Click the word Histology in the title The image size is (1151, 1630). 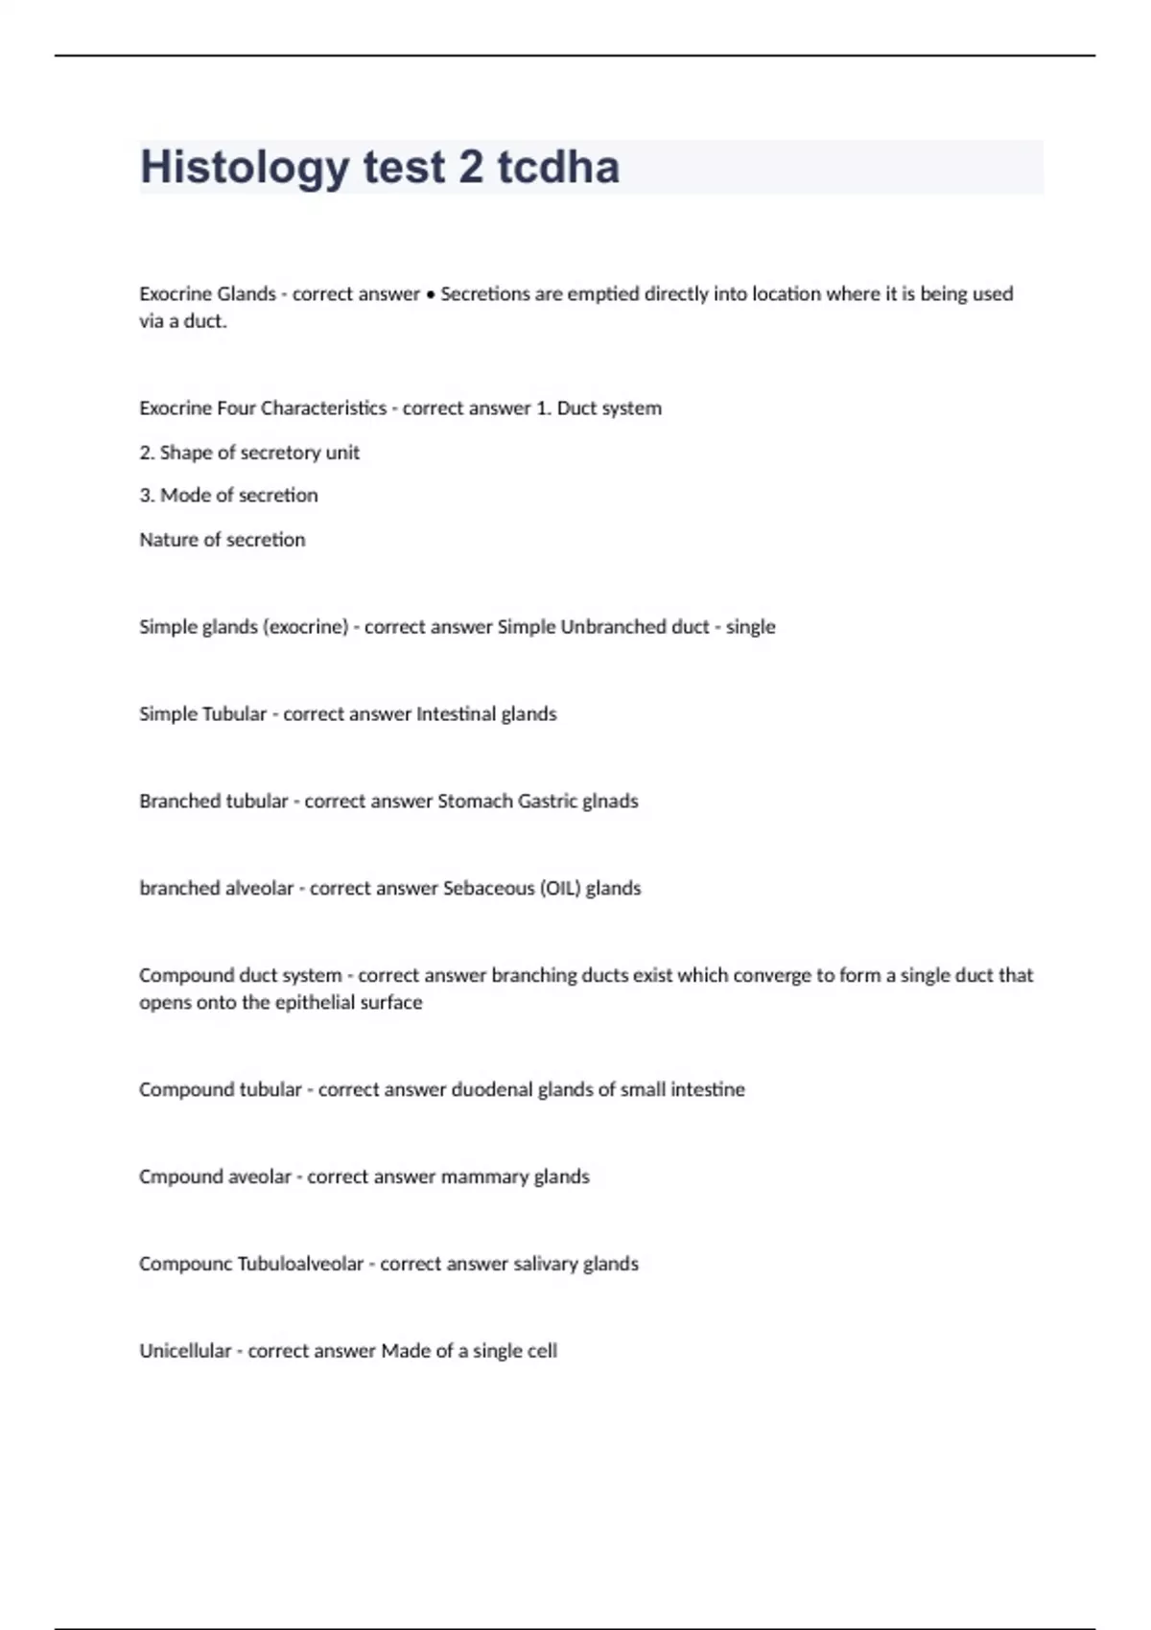[244, 168]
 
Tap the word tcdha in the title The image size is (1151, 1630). [558, 168]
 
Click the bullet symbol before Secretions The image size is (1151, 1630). [431, 294]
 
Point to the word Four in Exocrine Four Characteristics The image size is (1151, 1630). [236, 408]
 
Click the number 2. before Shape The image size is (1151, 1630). [147, 453]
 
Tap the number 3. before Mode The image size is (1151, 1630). [147, 496]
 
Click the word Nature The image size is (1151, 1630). [168, 540]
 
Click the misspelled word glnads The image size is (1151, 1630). [610, 802]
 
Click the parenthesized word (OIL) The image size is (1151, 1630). [561, 889]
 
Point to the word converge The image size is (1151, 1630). [772, 976]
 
